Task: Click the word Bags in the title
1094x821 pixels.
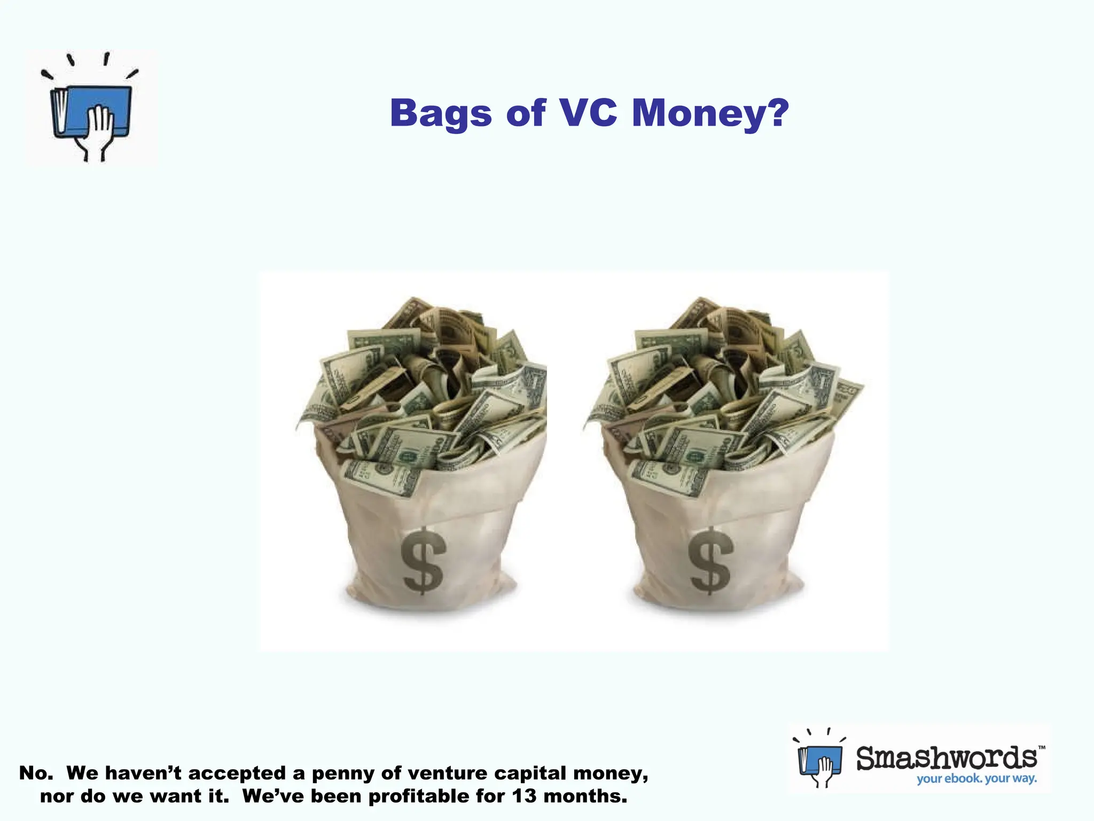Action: pos(441,113)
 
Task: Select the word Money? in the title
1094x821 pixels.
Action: pos(710,113)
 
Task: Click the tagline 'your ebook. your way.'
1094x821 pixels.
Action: pos(976,779)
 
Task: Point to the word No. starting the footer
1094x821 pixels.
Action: pos(36,773)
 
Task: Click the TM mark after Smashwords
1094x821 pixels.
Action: pos(1041,747)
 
